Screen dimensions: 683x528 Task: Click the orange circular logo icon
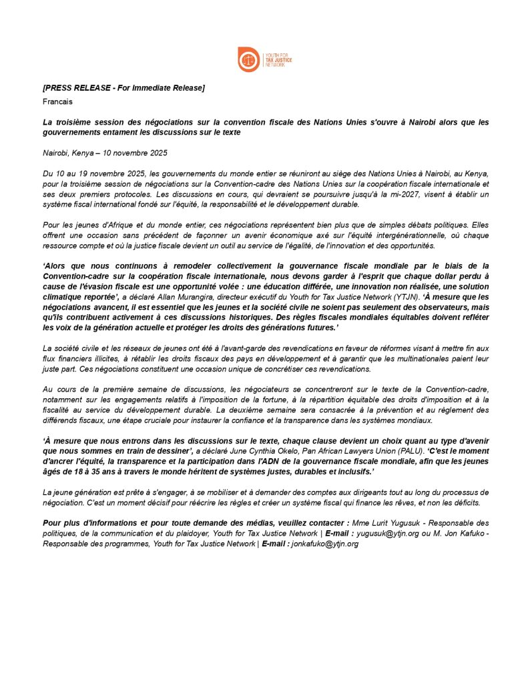(250, 59)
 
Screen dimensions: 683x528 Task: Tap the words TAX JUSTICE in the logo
(278, 59)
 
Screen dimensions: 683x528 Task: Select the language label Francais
(57, 101)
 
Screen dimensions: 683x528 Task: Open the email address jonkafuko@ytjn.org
(324, 544)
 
